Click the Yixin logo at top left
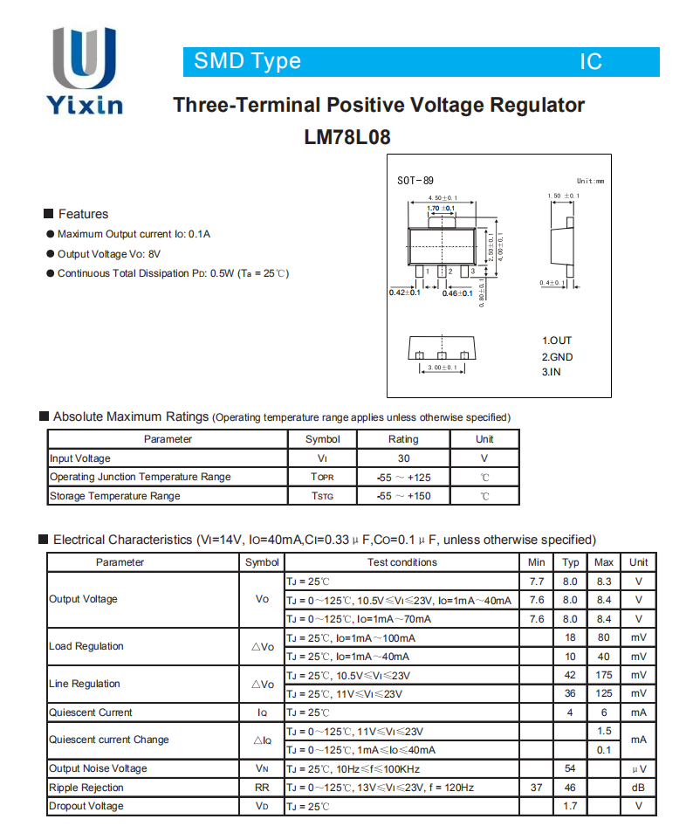85,72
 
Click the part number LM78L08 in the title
346,137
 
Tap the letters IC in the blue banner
591,61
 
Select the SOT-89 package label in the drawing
415,181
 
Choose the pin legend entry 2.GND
557,356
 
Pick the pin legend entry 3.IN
551,372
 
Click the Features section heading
83,214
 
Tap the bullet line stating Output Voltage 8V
109,254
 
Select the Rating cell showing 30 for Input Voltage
402,458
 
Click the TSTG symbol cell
322,496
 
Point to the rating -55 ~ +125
402,478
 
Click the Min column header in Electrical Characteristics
537,562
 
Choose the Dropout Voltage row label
86,806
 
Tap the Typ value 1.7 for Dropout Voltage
570,806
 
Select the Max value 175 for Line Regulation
603,675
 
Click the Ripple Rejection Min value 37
537,788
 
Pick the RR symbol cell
262,788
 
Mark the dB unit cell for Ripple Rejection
639,788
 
